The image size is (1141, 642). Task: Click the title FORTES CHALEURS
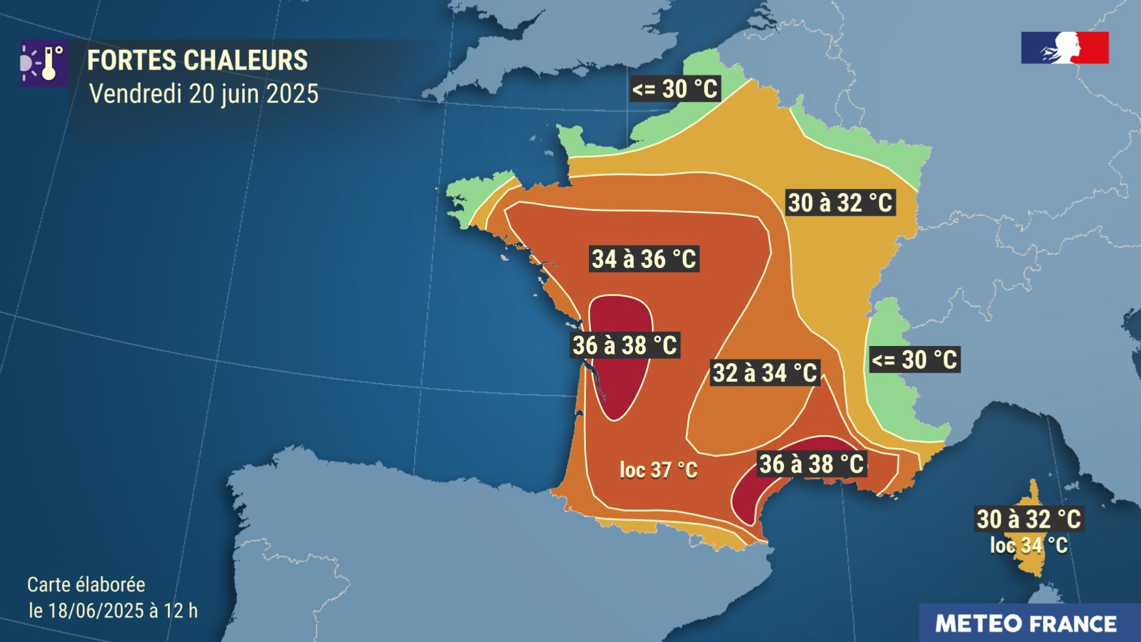[x=197, y=61]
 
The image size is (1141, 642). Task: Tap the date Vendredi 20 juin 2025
[x=203, y=94]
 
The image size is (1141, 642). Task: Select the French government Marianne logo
[x=1064, y=48]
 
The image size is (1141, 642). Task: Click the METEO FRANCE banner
[x=1026, y=624]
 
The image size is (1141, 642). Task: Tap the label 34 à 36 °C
[x=644, y=259]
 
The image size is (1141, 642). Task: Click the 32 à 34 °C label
[x=765, y=373]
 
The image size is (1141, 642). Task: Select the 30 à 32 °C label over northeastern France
[x=840, y=203]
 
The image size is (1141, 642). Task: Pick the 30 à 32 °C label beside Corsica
[x=1029, y=519]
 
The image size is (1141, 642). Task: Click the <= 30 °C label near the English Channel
[x=675, y=90]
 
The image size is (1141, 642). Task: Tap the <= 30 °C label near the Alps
[x=914, y=360]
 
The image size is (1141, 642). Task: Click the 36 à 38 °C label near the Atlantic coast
[x=625, y=345]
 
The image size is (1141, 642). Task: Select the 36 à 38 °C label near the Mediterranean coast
[x=811, y=464]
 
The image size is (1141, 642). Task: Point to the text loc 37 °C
[x=658, y=471]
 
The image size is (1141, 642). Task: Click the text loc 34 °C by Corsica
[x=1029, y=545]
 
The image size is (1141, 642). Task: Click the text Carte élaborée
[x=86, y=585]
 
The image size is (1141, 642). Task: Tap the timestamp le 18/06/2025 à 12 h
[x=113, y=610]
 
